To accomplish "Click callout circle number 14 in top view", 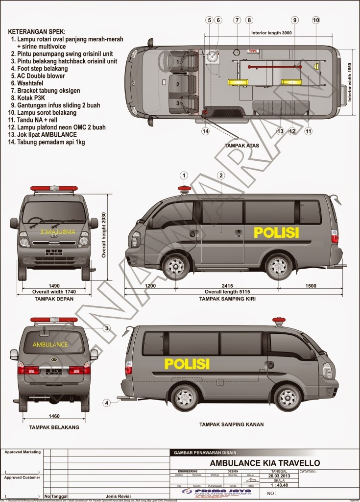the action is pyautogui.click(x=206, y=131).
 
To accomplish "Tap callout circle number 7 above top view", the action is pyautogui.click(x=237, y=20).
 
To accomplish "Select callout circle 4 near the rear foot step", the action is pyautogui.click(x=106, y=403).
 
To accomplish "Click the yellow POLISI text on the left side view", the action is pyautogui.click(x=276, y=232).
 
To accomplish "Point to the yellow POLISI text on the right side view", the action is pyautogui.click(x=187, y=363).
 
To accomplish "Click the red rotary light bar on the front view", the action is pyautogui.click(x=54, y=188).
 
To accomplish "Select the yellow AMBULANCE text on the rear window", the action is pyautogui.click(x=50, y=345).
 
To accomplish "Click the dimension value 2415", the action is pyautogui.click(x=227, y=286).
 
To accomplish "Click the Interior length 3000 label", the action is pyautogui.click(x=271, y=33).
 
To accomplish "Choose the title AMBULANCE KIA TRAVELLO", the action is pyautogui.click(x=264, y=463).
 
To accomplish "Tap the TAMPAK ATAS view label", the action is pyautogui.click(x=241, y=146).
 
